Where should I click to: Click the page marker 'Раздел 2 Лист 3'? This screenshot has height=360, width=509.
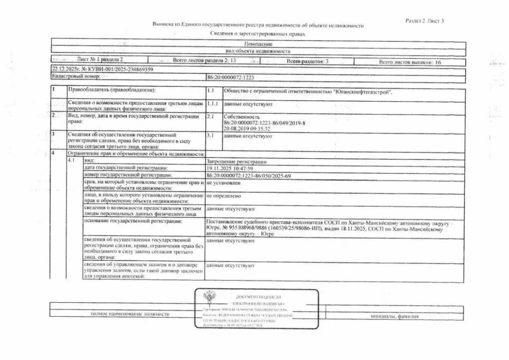pos(424,20)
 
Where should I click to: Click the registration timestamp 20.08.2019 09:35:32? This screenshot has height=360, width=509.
pos(247,128)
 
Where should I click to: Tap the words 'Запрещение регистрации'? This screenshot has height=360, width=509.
pos(236,162)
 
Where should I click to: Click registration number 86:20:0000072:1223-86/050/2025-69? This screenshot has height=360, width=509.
pos(248,176)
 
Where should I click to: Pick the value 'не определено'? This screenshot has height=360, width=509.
pos(223,197)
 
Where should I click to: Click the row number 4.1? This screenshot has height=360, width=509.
pos(71,162)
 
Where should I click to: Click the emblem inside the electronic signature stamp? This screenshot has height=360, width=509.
pos(210,302)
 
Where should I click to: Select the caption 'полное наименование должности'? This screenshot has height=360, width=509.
pos(130,314)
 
